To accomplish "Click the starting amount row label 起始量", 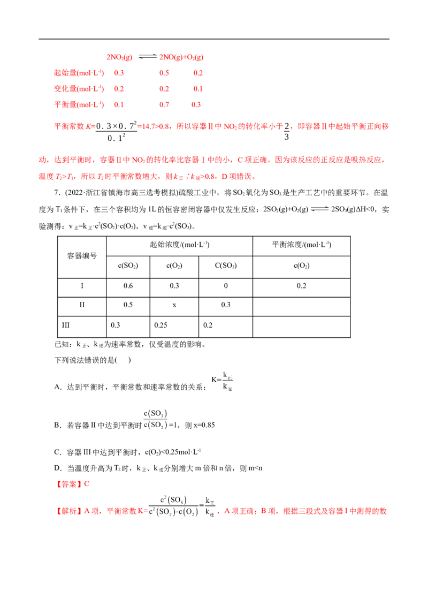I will tap(79, 72).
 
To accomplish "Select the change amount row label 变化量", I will tap(79, 88).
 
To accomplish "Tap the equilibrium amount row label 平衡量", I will tap(79, 104).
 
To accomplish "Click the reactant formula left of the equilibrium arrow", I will tap(119, 56).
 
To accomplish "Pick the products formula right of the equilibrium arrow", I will tap(182, 56).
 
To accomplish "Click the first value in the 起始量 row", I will tap(119, 72).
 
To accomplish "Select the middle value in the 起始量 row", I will tap(164, 72).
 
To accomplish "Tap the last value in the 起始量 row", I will tap(198, 72).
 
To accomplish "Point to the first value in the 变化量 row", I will tap(119, 88).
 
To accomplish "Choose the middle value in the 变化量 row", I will tap(164, 88).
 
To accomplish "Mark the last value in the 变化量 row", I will tap(198, 88).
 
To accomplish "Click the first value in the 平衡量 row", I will tap(119, 105).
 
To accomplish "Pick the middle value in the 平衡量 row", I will tap(164, 105).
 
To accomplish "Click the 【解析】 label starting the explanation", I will tap(66, 512).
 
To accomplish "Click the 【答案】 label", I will tap(69, 483).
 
